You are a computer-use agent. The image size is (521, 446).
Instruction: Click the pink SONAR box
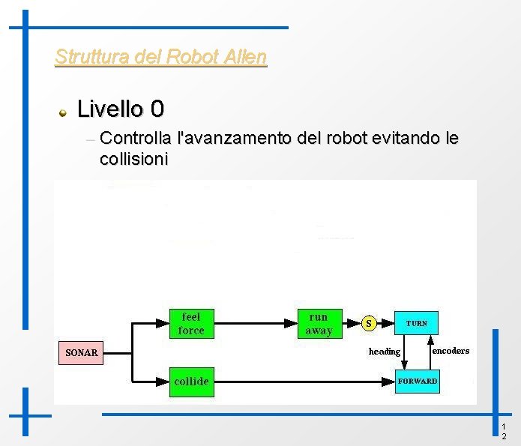81,352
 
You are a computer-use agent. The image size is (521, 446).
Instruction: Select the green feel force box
191,323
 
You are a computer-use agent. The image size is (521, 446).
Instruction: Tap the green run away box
319,323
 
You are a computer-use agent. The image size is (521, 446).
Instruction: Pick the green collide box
191,382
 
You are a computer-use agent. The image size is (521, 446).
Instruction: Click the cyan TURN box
417,323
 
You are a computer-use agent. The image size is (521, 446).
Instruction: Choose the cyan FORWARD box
417,382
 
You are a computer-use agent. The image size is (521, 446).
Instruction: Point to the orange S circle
368,323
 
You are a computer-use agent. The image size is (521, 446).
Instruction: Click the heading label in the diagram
385,352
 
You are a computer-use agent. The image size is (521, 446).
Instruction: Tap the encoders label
451,351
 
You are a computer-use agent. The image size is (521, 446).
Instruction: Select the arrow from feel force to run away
255,323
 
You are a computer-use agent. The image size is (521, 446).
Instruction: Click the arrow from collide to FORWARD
300,382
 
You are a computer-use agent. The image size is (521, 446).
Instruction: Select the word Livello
110,109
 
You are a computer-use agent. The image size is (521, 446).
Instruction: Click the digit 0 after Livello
157,109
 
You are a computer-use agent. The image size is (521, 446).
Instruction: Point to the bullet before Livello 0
64,112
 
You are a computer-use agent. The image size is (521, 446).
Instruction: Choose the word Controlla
134,139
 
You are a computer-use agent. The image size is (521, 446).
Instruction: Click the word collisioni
133,159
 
